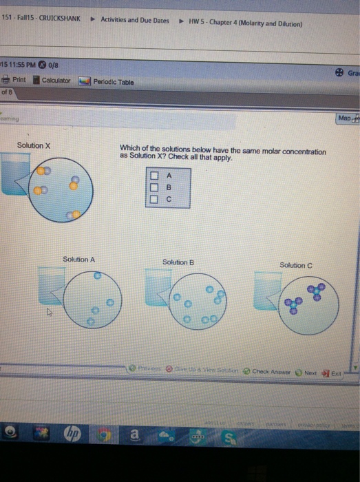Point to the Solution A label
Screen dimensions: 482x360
(x=78, y=260)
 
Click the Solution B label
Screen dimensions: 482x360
(x=178, y=262)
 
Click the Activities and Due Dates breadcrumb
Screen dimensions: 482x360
(x=134, y=21)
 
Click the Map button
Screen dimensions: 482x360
(x=346, y=119)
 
